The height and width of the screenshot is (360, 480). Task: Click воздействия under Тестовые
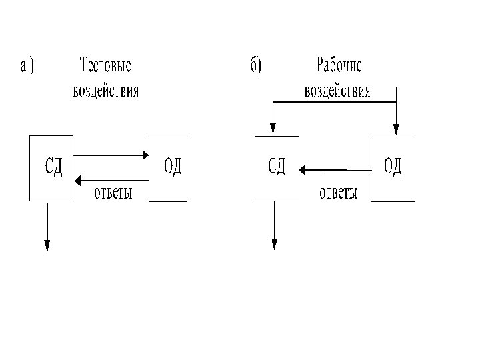[x=106, y=90]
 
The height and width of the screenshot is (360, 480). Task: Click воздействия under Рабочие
[x=337, y=90]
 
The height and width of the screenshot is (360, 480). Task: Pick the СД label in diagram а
[x=53, y=166]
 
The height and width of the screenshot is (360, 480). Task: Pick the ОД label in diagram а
[x=173, y=166]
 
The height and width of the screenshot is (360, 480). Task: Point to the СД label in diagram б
[x=277, y=166]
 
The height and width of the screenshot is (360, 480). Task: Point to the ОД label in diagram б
[x=393, y=166]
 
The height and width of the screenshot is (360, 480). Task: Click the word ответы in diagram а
[x=113, y=193]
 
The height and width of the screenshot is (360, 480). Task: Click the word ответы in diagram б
[x=339, y=193]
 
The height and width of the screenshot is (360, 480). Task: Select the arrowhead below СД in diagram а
[x=47, y=245]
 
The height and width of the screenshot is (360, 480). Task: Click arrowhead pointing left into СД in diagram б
[x=303, y=170]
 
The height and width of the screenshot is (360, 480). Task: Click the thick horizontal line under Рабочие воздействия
[x=333, y=102]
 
